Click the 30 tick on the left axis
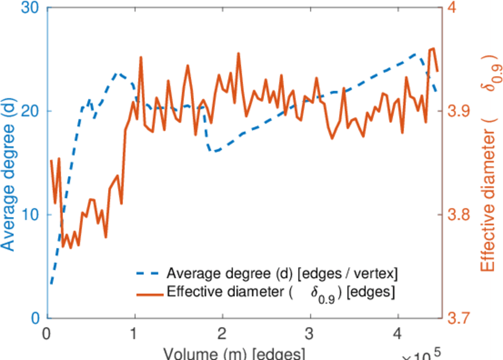[30, 8]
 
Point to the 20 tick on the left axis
[30, 112]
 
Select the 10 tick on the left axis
[30, 215]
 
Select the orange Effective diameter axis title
[489, 168]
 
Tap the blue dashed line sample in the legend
[148, 274]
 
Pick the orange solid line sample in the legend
[148, 293]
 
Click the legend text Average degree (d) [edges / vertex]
[282, 274]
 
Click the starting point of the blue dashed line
[52, 283]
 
